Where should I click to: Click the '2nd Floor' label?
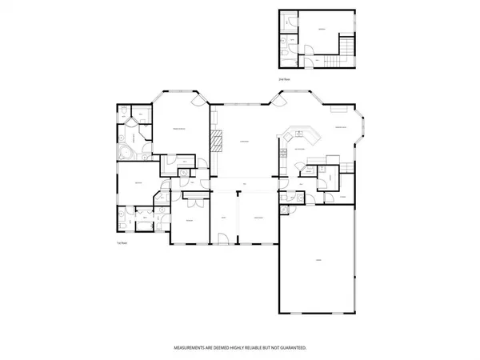(283, 81)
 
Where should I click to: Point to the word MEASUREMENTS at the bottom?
(190, 348)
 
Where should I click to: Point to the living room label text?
(243, 142)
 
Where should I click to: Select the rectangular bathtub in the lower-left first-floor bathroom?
(120, 218)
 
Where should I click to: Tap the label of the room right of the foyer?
(258, 218)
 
